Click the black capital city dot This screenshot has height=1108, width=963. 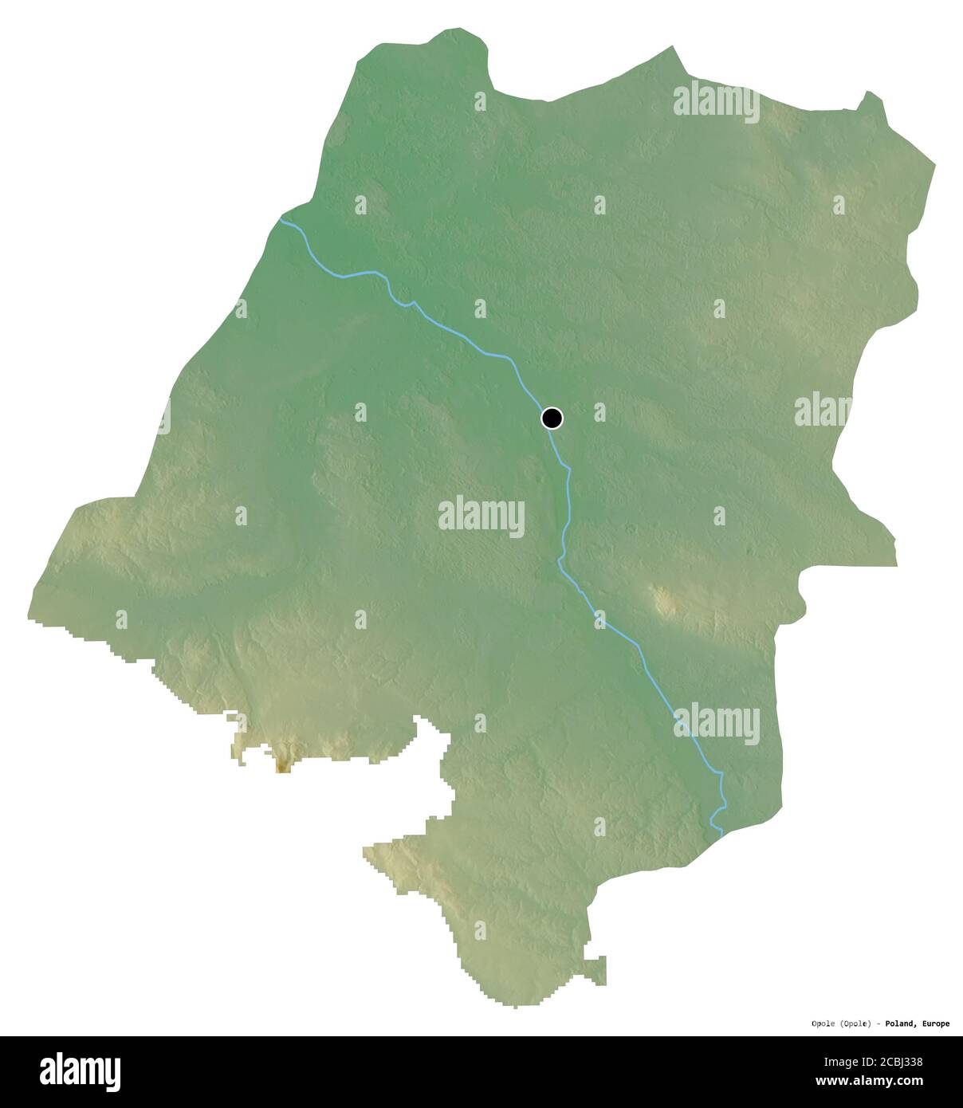(x=552, y=418)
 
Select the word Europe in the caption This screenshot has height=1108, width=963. (x=934, y=1024)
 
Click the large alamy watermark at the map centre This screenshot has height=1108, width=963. (x=481, y=517)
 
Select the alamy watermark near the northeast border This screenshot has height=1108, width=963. (x=716, y=102)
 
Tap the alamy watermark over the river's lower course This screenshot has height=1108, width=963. (x=716, y=723)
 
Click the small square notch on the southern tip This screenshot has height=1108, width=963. (x=599, y=969)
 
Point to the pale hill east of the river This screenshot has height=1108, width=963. (x=663, y=599)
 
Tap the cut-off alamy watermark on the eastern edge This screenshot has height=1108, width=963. (x=823, y=412)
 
